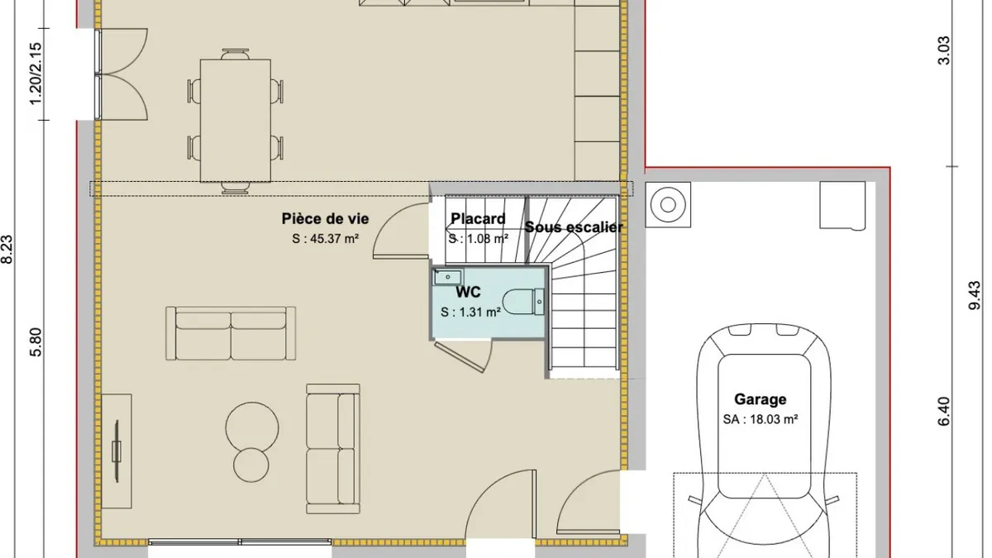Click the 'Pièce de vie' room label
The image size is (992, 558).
coord(325,219)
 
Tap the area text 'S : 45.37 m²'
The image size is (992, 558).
coord(325,239)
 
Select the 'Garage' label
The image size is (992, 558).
coord(761,399)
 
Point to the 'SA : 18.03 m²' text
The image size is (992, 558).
coord(761,419)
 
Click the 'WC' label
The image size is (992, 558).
coord(468,293)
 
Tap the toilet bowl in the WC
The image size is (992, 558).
coord(518,302)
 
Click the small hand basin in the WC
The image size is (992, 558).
coord(448,277)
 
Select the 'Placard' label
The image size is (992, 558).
coord(478,219)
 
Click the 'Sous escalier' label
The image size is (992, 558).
coord(574,227)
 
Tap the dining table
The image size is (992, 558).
coord(235,121)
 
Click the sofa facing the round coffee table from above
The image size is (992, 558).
coord(231,333)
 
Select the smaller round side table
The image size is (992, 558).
coord(251,465)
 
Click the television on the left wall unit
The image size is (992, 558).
coord(117,451)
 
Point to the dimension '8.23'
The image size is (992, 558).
coord(7,250)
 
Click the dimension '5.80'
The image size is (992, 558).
coord(36,342)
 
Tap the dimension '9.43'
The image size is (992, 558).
coord(975,295)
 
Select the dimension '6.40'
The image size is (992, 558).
coord(944,412)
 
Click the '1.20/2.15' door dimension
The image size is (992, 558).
coord(36,74)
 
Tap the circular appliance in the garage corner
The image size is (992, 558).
coord(668,205)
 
